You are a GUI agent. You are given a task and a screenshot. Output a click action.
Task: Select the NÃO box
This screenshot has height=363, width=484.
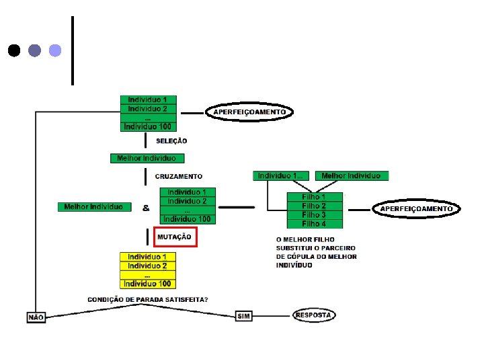point(36,317)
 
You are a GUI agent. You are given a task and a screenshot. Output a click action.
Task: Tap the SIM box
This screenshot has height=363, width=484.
point(243,316)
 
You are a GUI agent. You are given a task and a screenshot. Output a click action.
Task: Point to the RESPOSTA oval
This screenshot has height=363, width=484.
point(314,315)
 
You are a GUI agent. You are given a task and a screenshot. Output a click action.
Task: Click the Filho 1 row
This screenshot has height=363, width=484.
point(314,198)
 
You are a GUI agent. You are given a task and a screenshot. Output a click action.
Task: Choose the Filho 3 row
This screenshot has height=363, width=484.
point(314,215)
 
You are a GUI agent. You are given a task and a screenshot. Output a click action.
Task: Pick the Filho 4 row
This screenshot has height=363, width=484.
point(314,224)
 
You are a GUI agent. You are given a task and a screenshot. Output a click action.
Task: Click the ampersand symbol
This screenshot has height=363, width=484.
point(146,208)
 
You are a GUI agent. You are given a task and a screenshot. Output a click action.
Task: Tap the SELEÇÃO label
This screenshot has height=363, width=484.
point(171,141)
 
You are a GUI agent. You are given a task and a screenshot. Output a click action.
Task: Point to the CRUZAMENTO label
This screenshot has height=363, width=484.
point(178,176)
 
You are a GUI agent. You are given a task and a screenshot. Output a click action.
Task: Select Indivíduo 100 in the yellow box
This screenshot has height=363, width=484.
point(148,284)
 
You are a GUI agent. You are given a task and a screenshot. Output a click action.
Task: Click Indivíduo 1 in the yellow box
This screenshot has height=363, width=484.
point(148,257)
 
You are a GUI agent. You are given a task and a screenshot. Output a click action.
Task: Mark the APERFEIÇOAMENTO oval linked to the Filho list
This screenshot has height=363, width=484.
point(417,209)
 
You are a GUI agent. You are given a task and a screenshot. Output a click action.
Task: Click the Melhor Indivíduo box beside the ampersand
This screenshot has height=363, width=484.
point(93,207)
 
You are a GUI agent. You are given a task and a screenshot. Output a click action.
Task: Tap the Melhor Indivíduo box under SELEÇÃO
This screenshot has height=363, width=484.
point(147,159)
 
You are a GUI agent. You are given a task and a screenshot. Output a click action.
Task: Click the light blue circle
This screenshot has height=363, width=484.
point(55,50)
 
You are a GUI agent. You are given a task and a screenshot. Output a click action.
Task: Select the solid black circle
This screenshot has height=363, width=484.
point(13,50)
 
